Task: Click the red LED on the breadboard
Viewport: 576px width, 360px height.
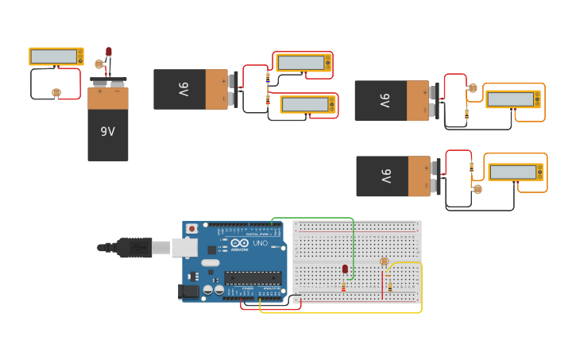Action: tap(345, 269)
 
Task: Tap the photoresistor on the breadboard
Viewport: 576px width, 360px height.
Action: tap(385, 261)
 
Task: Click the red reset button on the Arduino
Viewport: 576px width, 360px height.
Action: tap(191, 229)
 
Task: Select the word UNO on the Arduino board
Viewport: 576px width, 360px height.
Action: tap(261, 243)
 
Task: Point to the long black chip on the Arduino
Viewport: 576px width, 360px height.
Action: tap(252, 277)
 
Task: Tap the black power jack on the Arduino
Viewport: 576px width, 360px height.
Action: tap(188, 291)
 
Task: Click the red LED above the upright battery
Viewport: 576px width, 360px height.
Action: tap(109, 52)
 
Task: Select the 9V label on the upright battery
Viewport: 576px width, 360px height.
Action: tap(107, 132)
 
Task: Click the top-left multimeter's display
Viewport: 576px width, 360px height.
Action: tap(54, 56)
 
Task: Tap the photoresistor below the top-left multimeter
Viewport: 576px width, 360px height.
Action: tap(56, 92)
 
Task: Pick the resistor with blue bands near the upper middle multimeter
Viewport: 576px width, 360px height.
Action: tap(268, 79)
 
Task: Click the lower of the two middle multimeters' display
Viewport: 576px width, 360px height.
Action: tap(306, 104)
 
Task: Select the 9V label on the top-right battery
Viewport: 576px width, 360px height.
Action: tap(384, 101)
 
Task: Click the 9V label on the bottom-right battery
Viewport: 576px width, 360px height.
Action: tap(385, 176)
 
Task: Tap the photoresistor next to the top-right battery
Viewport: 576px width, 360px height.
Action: tap(473, 88)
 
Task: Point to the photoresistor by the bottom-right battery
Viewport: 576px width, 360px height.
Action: tap(477, 189)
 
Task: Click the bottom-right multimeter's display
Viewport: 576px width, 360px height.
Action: tap(512, 172)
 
